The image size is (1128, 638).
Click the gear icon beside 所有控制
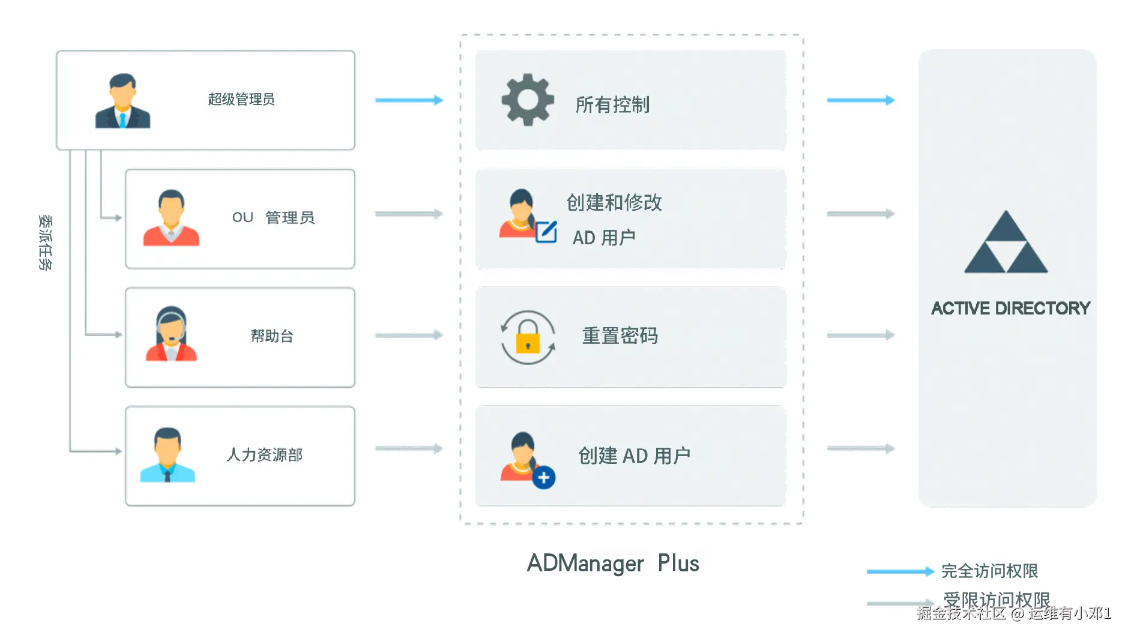tap(527, 100)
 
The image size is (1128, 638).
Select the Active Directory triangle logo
tap(1006, 243)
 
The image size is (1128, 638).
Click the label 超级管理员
tap(241, 99)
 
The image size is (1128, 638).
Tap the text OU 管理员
tap(273, 217)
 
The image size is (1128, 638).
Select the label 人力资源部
tap(265, 455)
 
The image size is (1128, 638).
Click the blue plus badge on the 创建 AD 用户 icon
tap(544, 478)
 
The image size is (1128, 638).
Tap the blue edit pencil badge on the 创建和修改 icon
tap(546, 232)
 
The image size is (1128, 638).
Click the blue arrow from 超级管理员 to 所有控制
tap(409, 100)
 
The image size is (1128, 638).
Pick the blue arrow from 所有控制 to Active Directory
tap(860, 100)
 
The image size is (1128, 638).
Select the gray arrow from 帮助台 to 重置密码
tap(409, 335)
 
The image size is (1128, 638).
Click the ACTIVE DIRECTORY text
tap(1010, 308)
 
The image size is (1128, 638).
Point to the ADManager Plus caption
tap(613, 564)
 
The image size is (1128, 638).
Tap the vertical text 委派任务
tap(46, 242)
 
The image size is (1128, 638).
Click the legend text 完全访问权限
tap(989, 571)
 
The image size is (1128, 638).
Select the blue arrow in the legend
tap(900, 571)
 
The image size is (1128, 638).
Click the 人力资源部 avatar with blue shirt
tap(167, 455)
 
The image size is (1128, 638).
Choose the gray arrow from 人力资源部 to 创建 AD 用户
tap(409, 448)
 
